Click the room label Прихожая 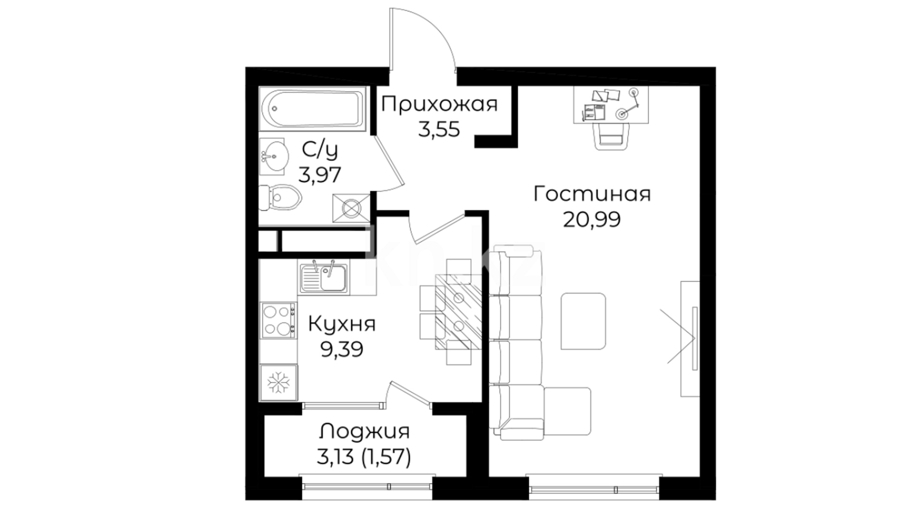(439, 104)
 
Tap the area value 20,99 (592, 219)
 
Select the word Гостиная (592, 194)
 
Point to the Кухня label (342, 324)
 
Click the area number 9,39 (342, 350)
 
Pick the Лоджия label (364, 432)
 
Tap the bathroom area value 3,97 (320, 175)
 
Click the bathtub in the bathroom (312, 109)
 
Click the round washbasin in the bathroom (273, 155)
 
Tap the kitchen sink (323, 276)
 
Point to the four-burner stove (278, 320)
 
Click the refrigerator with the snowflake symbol (278, 383)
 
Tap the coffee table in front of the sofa (583, 321)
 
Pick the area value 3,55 (439, 129)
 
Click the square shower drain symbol (351, 208)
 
